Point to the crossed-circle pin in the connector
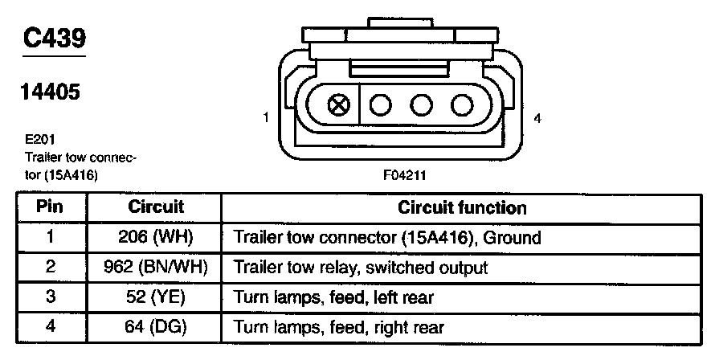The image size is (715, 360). pos(340,105)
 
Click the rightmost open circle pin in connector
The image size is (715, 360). pos(461,105)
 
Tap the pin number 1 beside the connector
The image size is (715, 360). pos(265,118)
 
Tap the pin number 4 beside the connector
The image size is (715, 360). pos(537,118)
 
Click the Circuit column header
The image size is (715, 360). pos(156,207)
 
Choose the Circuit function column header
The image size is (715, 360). pos(462,207)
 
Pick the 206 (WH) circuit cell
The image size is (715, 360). pos(157,237)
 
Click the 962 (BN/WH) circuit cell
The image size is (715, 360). pos(157,267)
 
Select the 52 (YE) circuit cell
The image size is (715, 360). pos(157,297)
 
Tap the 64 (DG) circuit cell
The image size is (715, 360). pos(157,326)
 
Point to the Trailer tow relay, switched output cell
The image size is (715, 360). pos(360,268)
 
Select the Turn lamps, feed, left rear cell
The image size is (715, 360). pos(333,297)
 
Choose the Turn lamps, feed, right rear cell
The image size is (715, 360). pos(337,327)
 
